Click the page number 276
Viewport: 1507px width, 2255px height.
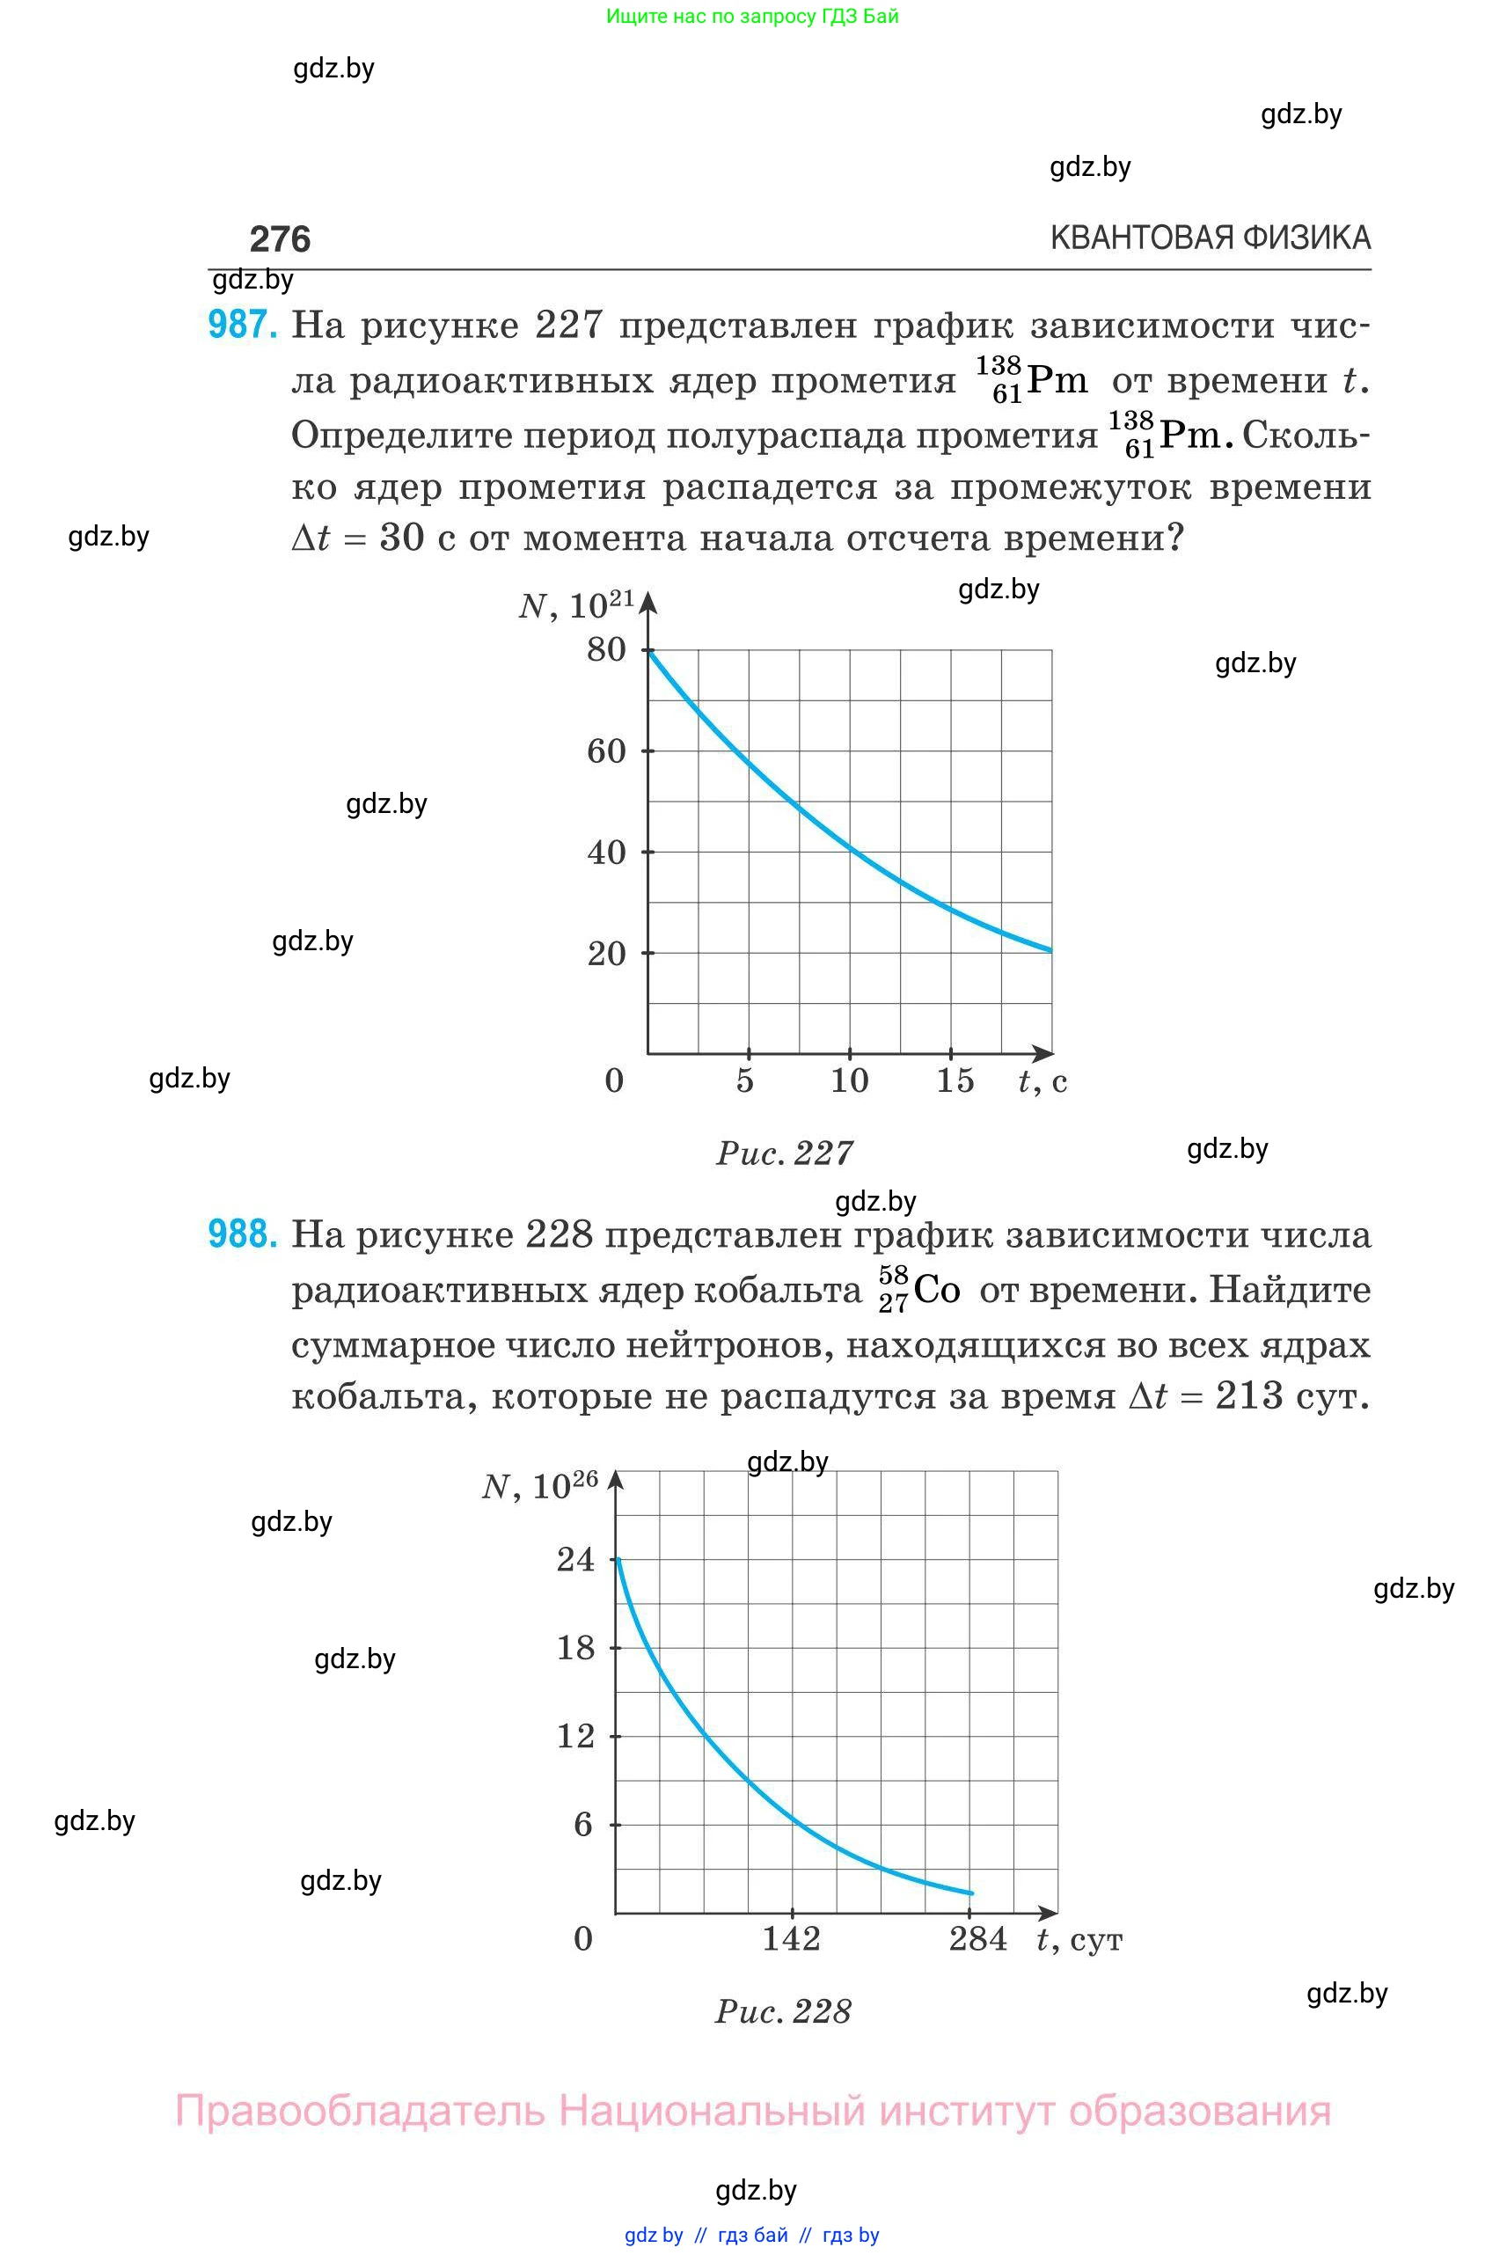pos(280,238)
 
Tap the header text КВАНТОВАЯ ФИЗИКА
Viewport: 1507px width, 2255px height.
pos(1210,238)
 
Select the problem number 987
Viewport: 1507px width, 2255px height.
pos(242,325)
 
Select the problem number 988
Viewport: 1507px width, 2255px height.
pos(242,1234)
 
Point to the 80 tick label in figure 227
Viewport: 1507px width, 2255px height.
pos(606,650)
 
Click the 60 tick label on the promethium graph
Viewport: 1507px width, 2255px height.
pos(606,750)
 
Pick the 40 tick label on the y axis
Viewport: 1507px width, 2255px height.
pos(606,853)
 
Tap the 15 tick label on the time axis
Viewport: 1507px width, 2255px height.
pos(955,1080)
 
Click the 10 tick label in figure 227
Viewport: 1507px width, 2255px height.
pos(850,1080)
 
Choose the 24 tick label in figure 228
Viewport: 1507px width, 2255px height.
pos(575,1559)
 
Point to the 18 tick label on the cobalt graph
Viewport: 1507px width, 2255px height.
pos(575,1648)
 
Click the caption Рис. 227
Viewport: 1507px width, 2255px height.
pos(784,1153)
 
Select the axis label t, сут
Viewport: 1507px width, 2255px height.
pos(1079,1939)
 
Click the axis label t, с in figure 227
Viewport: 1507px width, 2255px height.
pos(1042,1081)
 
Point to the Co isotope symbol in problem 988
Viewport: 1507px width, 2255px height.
pos(935,1289)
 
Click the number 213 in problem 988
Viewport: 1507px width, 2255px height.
pos(1249,1395)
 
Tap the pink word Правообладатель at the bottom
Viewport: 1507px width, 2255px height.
pos(360,2111)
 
